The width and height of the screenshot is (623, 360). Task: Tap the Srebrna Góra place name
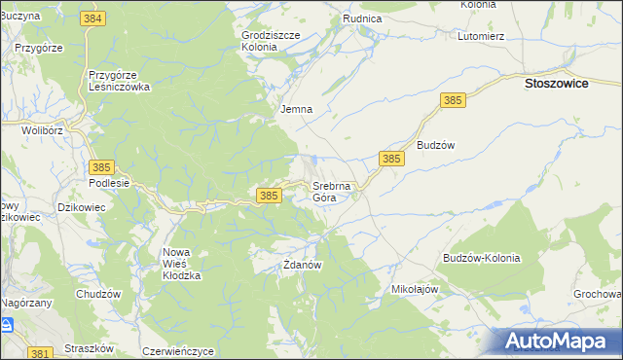337,192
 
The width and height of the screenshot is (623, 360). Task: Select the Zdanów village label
302,264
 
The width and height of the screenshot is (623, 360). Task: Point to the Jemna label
296,109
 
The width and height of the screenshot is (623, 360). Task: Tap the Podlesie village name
108,183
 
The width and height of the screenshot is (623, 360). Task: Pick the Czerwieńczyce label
177,350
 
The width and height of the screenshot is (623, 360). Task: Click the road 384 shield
94,19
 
